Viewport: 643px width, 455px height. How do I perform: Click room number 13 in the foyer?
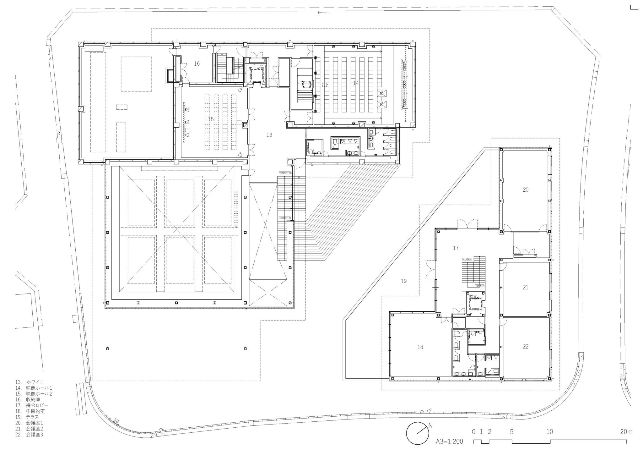click(269, 135)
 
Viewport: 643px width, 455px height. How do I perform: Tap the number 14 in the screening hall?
click(356, 83)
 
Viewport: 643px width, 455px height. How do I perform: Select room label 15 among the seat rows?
click(211, 119)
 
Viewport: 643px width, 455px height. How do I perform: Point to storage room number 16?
click(197, 64)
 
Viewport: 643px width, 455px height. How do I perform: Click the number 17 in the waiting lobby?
click(456, 248)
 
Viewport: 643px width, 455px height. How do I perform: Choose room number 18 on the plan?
click(420, 347)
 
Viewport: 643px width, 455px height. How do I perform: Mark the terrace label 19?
click(404, 281)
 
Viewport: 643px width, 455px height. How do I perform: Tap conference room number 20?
click(526, 190)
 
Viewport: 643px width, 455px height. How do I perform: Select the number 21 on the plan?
click(526, 287)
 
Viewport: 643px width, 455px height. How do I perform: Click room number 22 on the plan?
click(526, 347)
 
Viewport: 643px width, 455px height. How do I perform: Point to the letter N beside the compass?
click(430, 426)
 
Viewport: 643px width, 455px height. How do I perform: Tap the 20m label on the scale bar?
click(626, 432)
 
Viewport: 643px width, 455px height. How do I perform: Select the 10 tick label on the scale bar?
click(549, 432)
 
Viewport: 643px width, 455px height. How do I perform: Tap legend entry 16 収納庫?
click(28, 400)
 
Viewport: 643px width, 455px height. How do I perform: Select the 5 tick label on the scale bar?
click(512, 432)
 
